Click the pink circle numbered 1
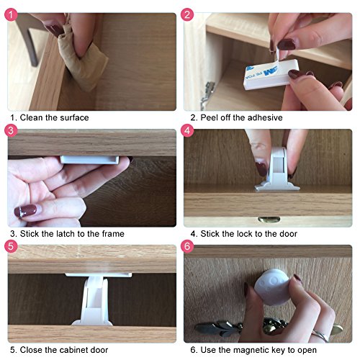point(11,14)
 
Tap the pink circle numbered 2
point(187,14)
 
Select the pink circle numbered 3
point(11,130)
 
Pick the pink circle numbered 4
point(187,130)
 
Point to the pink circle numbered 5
point(11,246)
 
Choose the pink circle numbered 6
point(187,246)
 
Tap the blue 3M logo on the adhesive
point(271,71)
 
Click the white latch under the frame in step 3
point(90,160)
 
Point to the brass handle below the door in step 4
point(269,219)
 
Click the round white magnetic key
point(272,287)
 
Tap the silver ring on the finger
point(321,336)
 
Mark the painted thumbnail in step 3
point(25,211)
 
